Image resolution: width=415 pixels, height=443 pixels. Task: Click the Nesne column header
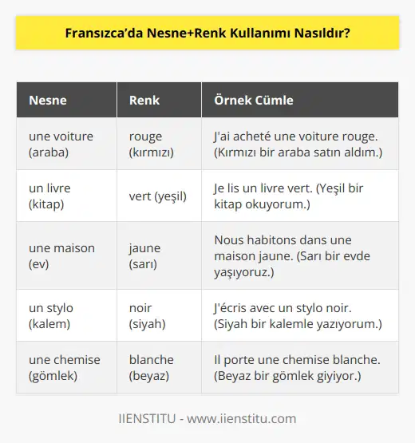[x=48, y=101]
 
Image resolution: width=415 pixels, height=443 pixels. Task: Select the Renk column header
[x=144, y=101]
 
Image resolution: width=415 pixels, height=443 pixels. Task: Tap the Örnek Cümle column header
[x=254, y=101]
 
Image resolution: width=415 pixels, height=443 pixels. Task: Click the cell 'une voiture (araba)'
[x=61, y=144]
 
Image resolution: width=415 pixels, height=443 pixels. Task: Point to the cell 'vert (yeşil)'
[x=158, y=196]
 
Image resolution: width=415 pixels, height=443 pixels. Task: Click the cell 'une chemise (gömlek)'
[x=65, y=367]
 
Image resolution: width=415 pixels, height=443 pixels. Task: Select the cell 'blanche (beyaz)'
[x=151, y=367]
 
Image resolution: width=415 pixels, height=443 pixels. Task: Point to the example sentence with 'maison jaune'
[x=295, y=255]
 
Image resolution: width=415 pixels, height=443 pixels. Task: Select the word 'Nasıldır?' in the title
[x=322, y=35]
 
